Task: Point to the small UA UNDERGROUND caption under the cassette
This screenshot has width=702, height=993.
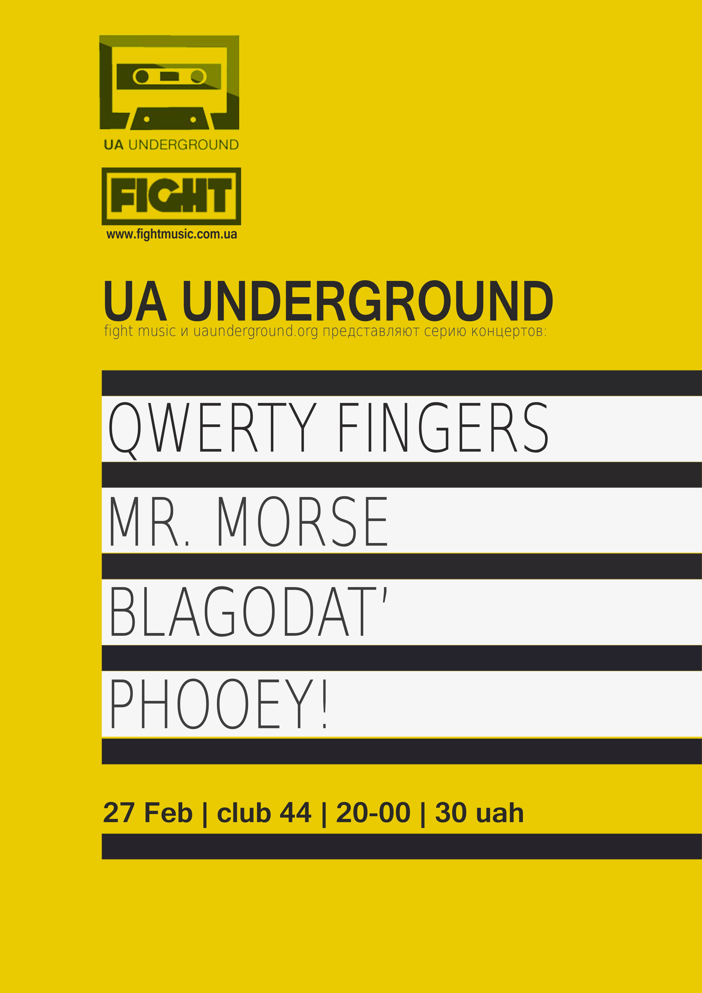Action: pos(171,144)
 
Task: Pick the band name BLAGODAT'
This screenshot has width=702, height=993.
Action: pos(248,611)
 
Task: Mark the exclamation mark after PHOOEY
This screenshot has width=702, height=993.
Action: pos(324,704)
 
